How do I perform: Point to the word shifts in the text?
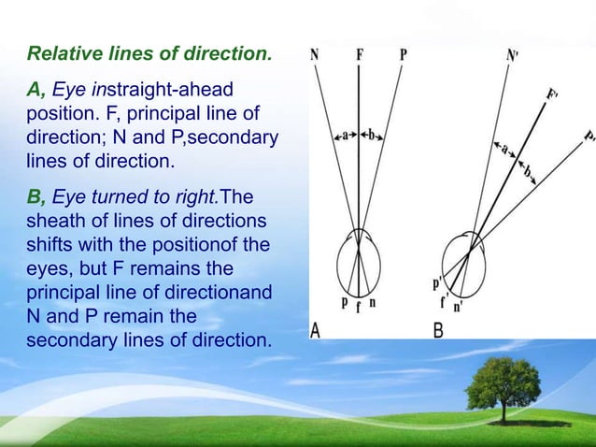click(x=51, y=246)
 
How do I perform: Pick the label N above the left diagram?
click(x=314, y=54)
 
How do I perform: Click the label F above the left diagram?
click(x=360, y=54)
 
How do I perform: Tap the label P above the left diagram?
click(x=403, y=54)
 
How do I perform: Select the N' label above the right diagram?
click(x=512, y=55)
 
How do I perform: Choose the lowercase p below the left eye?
click(x=344, y=302)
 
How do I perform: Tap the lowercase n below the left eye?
click(x=374, y=302)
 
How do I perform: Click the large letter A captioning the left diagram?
click(x=319, y=331)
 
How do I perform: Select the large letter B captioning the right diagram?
click(x=438, y=331)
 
